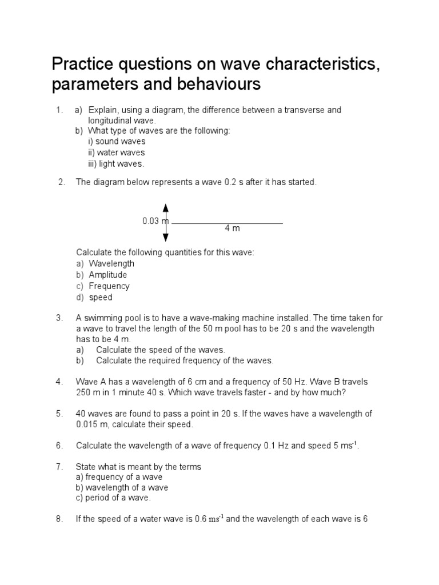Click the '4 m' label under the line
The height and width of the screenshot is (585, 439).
tap(232, 229)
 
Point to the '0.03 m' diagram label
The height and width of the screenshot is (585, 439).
tap(155, 221)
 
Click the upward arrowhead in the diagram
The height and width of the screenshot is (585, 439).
tap(166, 207)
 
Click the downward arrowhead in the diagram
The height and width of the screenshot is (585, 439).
tap(166, 238)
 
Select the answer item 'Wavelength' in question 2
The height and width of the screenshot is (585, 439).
tap(111, 263)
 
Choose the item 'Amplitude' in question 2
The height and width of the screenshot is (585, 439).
tap(108, 275)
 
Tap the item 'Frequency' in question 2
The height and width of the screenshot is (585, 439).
tap(109, 286)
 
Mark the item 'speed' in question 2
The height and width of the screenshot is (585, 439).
tap(101, 297)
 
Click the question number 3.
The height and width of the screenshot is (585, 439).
tap(59, 318)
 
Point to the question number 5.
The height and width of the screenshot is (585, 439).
tap(59, 414)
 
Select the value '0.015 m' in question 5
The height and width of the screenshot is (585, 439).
tap(93, 424)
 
